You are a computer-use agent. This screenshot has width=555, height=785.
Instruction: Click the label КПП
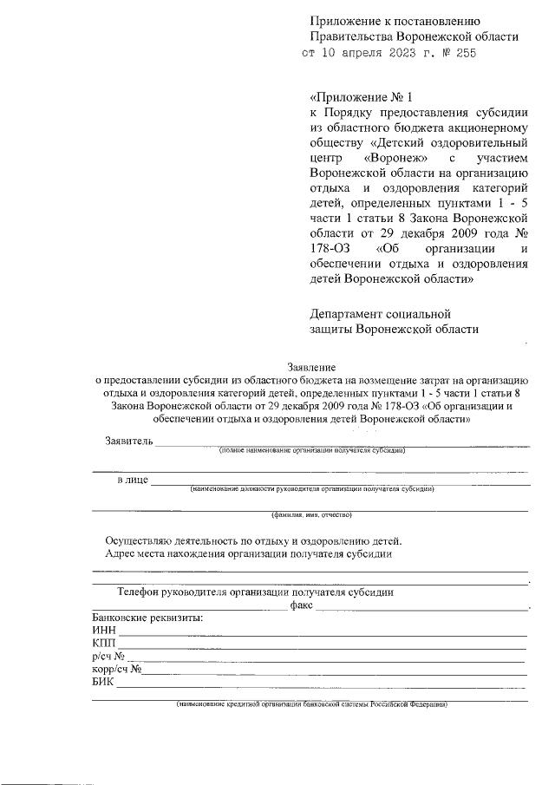pyautogui.click(x=104, y=643)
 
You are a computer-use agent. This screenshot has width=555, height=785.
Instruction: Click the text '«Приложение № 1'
pyautogui.click(x=357, y=98)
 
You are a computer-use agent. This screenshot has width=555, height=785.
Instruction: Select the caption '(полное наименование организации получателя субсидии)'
pyautogui.click(x=311, y=451)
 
